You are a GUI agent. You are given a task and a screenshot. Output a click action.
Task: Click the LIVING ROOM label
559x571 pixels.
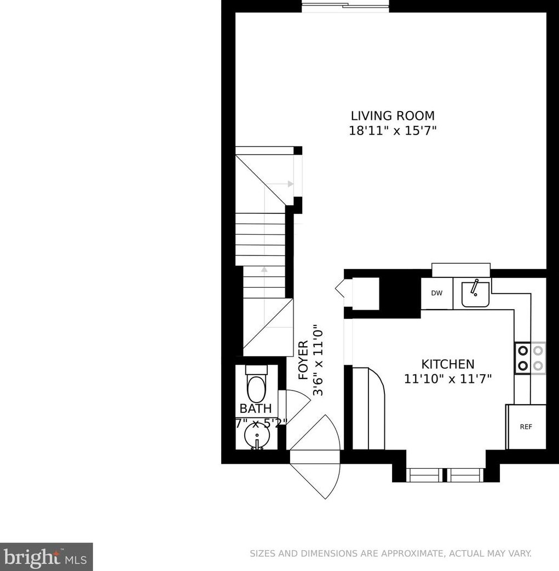click(x=393, y=116)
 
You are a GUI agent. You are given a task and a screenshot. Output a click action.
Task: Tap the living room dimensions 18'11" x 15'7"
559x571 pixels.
click(x=393, y=131)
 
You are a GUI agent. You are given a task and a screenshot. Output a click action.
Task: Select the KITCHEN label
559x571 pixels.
click(x=447, y=364)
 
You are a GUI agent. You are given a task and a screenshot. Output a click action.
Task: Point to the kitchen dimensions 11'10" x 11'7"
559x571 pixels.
click(x=448, y=378)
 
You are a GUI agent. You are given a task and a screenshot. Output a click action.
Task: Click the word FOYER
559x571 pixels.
click(x=303, y=360)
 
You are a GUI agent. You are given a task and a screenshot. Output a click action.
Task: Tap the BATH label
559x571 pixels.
click(x=256, y=408)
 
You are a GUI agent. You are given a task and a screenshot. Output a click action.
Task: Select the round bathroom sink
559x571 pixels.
click(x=256, y=438)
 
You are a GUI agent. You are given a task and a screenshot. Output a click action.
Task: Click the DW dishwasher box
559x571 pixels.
click(x=436, y=293)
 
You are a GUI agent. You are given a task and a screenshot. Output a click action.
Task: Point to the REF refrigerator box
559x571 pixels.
click(x=526, y=427)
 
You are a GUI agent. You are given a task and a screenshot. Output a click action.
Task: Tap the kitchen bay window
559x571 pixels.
click(x=446, y=474)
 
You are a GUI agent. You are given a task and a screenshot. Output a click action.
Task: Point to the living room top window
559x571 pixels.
click(x=346, y=5)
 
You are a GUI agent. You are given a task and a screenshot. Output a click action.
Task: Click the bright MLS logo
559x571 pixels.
click(x=46, y=557)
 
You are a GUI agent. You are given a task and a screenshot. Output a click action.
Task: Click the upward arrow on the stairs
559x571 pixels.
click(x=264, y=269)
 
